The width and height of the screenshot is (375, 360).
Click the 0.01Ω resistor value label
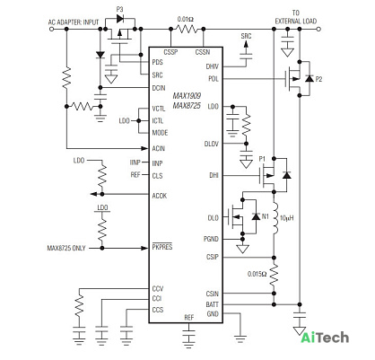click(186, 20)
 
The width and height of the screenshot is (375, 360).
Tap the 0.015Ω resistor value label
click(257, 274)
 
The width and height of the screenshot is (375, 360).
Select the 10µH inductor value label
click(286, 218)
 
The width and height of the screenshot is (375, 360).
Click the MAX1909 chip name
click(187, 96)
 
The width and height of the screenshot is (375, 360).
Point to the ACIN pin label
click(159, 148)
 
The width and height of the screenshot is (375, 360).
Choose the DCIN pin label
click(159, 88)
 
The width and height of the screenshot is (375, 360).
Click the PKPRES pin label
click(162, 247)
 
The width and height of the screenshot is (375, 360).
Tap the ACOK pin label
click(160, 196)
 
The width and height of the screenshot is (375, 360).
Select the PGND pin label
click(211, 239)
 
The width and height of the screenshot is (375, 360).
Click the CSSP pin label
click(170, 52)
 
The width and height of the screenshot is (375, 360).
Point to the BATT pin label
click(212, 304)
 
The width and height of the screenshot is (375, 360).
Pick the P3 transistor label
click(119, 9)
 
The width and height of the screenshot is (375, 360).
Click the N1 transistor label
click(266, 216)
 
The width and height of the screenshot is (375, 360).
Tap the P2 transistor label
click(318, 79)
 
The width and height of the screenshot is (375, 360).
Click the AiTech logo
click(325, 338)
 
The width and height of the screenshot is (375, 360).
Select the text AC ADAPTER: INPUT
click(74, 22)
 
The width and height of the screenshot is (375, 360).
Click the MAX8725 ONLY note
click(66, 248)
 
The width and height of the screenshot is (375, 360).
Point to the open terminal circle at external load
click(318, 29)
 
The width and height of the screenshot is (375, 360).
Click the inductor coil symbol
click(275, 218)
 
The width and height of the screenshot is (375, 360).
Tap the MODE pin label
click(160, 133)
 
